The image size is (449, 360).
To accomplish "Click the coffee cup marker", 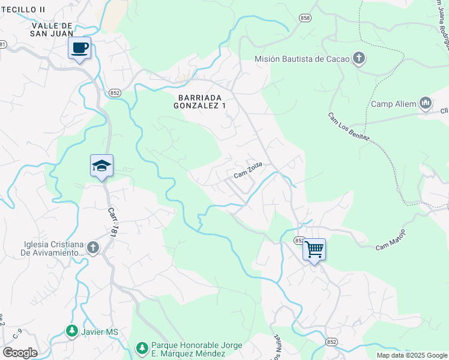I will click(79, 48).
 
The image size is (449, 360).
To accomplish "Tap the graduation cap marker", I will click(101, 166).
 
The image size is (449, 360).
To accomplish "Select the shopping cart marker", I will click(315, 250).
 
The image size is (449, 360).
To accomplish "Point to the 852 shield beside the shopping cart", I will click(298, 240).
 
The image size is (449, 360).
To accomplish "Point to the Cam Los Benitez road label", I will click(348, 127).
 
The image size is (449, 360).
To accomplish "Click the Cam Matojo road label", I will click(391, 239).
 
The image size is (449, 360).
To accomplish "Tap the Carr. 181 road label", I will click(111, 223).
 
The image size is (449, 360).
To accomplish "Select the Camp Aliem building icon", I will click(426, 104).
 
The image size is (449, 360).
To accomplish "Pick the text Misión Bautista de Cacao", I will click(302, 59).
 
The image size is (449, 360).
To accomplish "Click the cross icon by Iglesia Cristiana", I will click(92, 248).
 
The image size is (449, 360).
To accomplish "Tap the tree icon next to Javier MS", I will click(71, 332).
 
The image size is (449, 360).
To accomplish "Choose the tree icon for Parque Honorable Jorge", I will click(142, 349).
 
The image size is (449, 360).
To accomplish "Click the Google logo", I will click(20, 353).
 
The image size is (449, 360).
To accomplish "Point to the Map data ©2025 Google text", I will click(411, 355).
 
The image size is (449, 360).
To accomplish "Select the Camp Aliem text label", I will click(393, 104).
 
